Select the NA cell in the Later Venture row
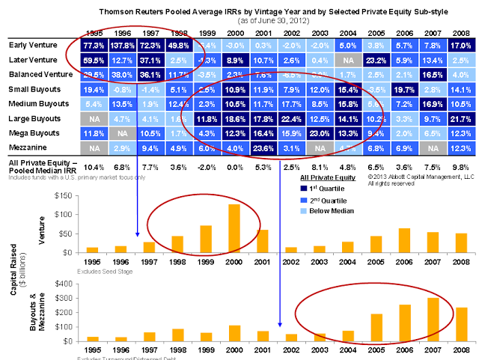pos(347,59)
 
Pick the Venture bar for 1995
pos(92,250)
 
